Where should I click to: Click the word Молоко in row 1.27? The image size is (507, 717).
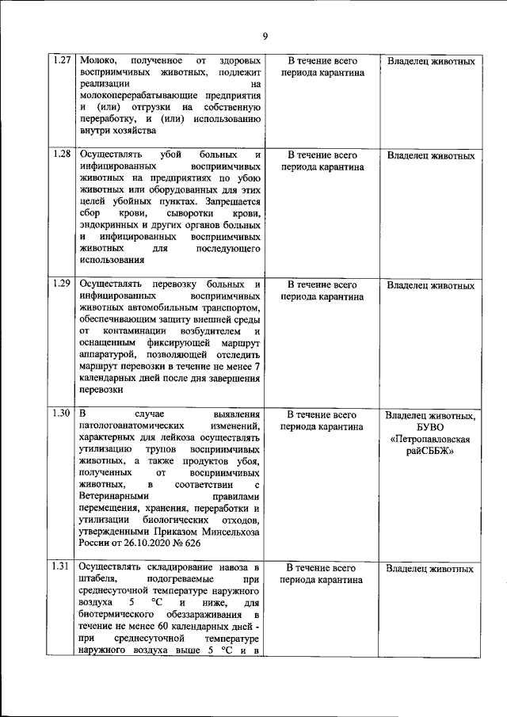click(98, 61)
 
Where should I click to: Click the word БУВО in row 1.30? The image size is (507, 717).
click(430, 427)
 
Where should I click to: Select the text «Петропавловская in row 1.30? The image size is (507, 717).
click(431, 439)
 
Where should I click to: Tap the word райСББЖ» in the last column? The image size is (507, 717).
click(431, 452)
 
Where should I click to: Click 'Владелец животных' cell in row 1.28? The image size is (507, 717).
click(431, 155)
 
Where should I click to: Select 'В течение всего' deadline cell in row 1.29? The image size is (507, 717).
click(322, 284)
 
